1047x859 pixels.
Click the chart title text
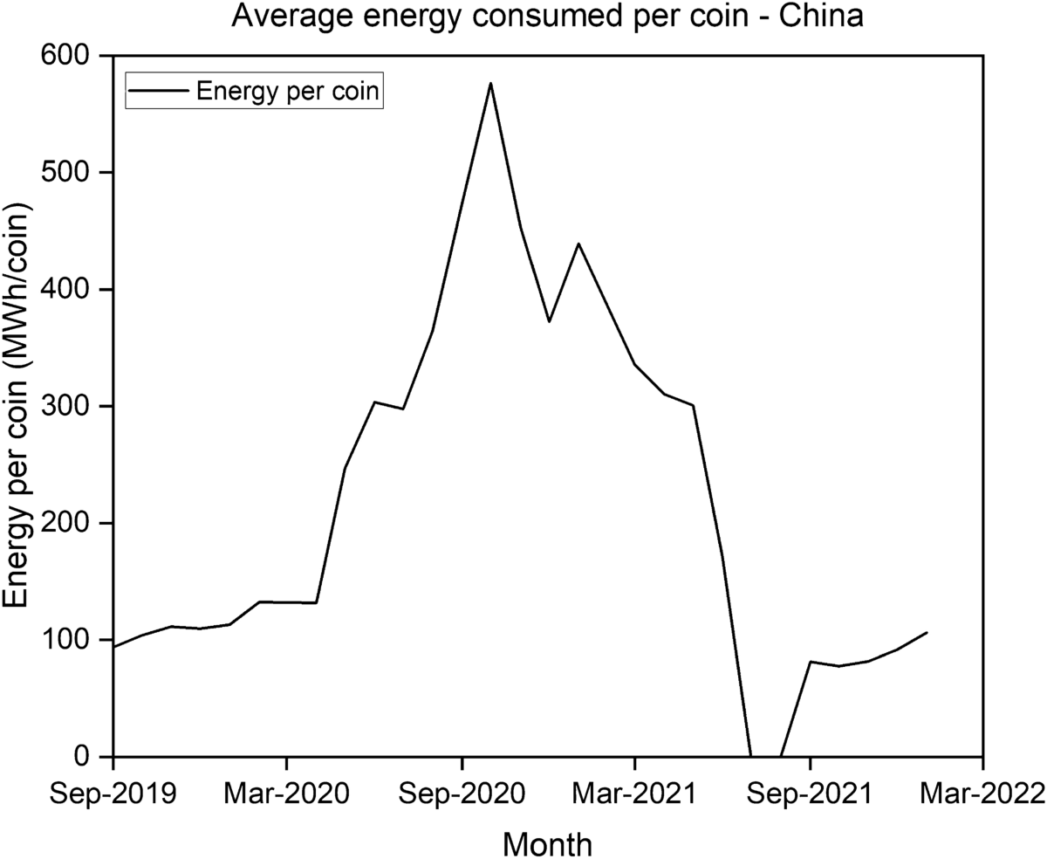[547, 17]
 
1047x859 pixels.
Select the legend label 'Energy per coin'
[288, 92]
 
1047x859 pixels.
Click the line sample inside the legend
[160, 92]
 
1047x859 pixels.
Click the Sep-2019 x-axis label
[112, 794]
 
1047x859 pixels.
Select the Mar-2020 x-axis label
[286, 794]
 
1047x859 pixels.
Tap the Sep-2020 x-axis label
[462, 794]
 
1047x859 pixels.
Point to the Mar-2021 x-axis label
[634, 794]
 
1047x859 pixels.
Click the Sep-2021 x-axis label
[810, 794]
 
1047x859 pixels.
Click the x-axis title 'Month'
[547, 843]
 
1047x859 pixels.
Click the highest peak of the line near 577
[490, 84]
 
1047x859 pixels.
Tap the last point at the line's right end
[927, 632]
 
